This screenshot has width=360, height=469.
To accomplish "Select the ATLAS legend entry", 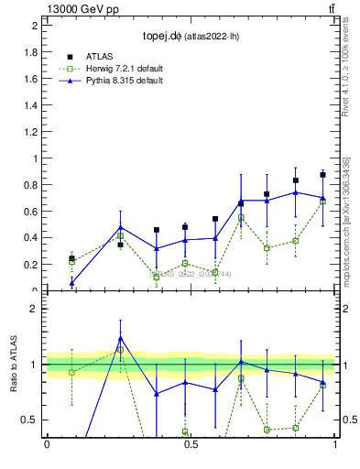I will click(x=101, y=57).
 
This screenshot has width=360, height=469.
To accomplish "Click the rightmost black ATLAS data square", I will click(x=322, y=174).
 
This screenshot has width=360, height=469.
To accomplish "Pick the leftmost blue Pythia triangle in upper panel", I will click(x=72, y=283).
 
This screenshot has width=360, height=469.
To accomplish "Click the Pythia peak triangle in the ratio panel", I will click(x=121, y=338).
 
